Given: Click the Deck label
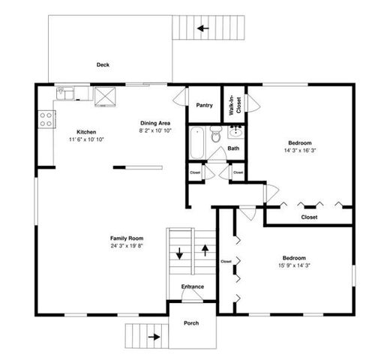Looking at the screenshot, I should point(103,64).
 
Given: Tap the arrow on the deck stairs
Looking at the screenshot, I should point(202,29).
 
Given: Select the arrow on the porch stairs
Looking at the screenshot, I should point(154,337).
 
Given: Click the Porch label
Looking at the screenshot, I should point(191,323).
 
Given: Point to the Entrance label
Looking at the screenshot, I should point(193,287).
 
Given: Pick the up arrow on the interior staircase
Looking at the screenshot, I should point(205,249).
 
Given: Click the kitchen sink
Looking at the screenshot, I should point(67,94).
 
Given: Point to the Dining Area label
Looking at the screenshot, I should point(155,123).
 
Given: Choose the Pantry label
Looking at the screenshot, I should point(204,105).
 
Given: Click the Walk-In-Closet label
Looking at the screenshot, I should point(235,103).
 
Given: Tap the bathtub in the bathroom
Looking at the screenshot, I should point(197,142).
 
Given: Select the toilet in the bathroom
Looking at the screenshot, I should point(214,135).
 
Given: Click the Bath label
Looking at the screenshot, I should point(234,148).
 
